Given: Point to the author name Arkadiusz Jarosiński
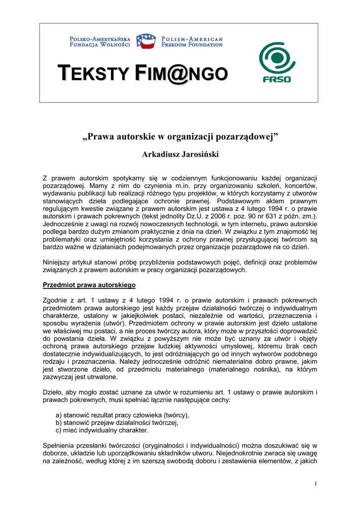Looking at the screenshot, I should [180, 155].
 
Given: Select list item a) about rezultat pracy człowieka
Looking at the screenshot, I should [122, 416].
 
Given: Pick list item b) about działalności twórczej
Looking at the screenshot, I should [117, 423].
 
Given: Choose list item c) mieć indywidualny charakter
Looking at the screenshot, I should [102, 430].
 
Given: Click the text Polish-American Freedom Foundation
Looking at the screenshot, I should [192, 42].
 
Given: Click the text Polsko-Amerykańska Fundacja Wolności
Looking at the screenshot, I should [99, 42].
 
